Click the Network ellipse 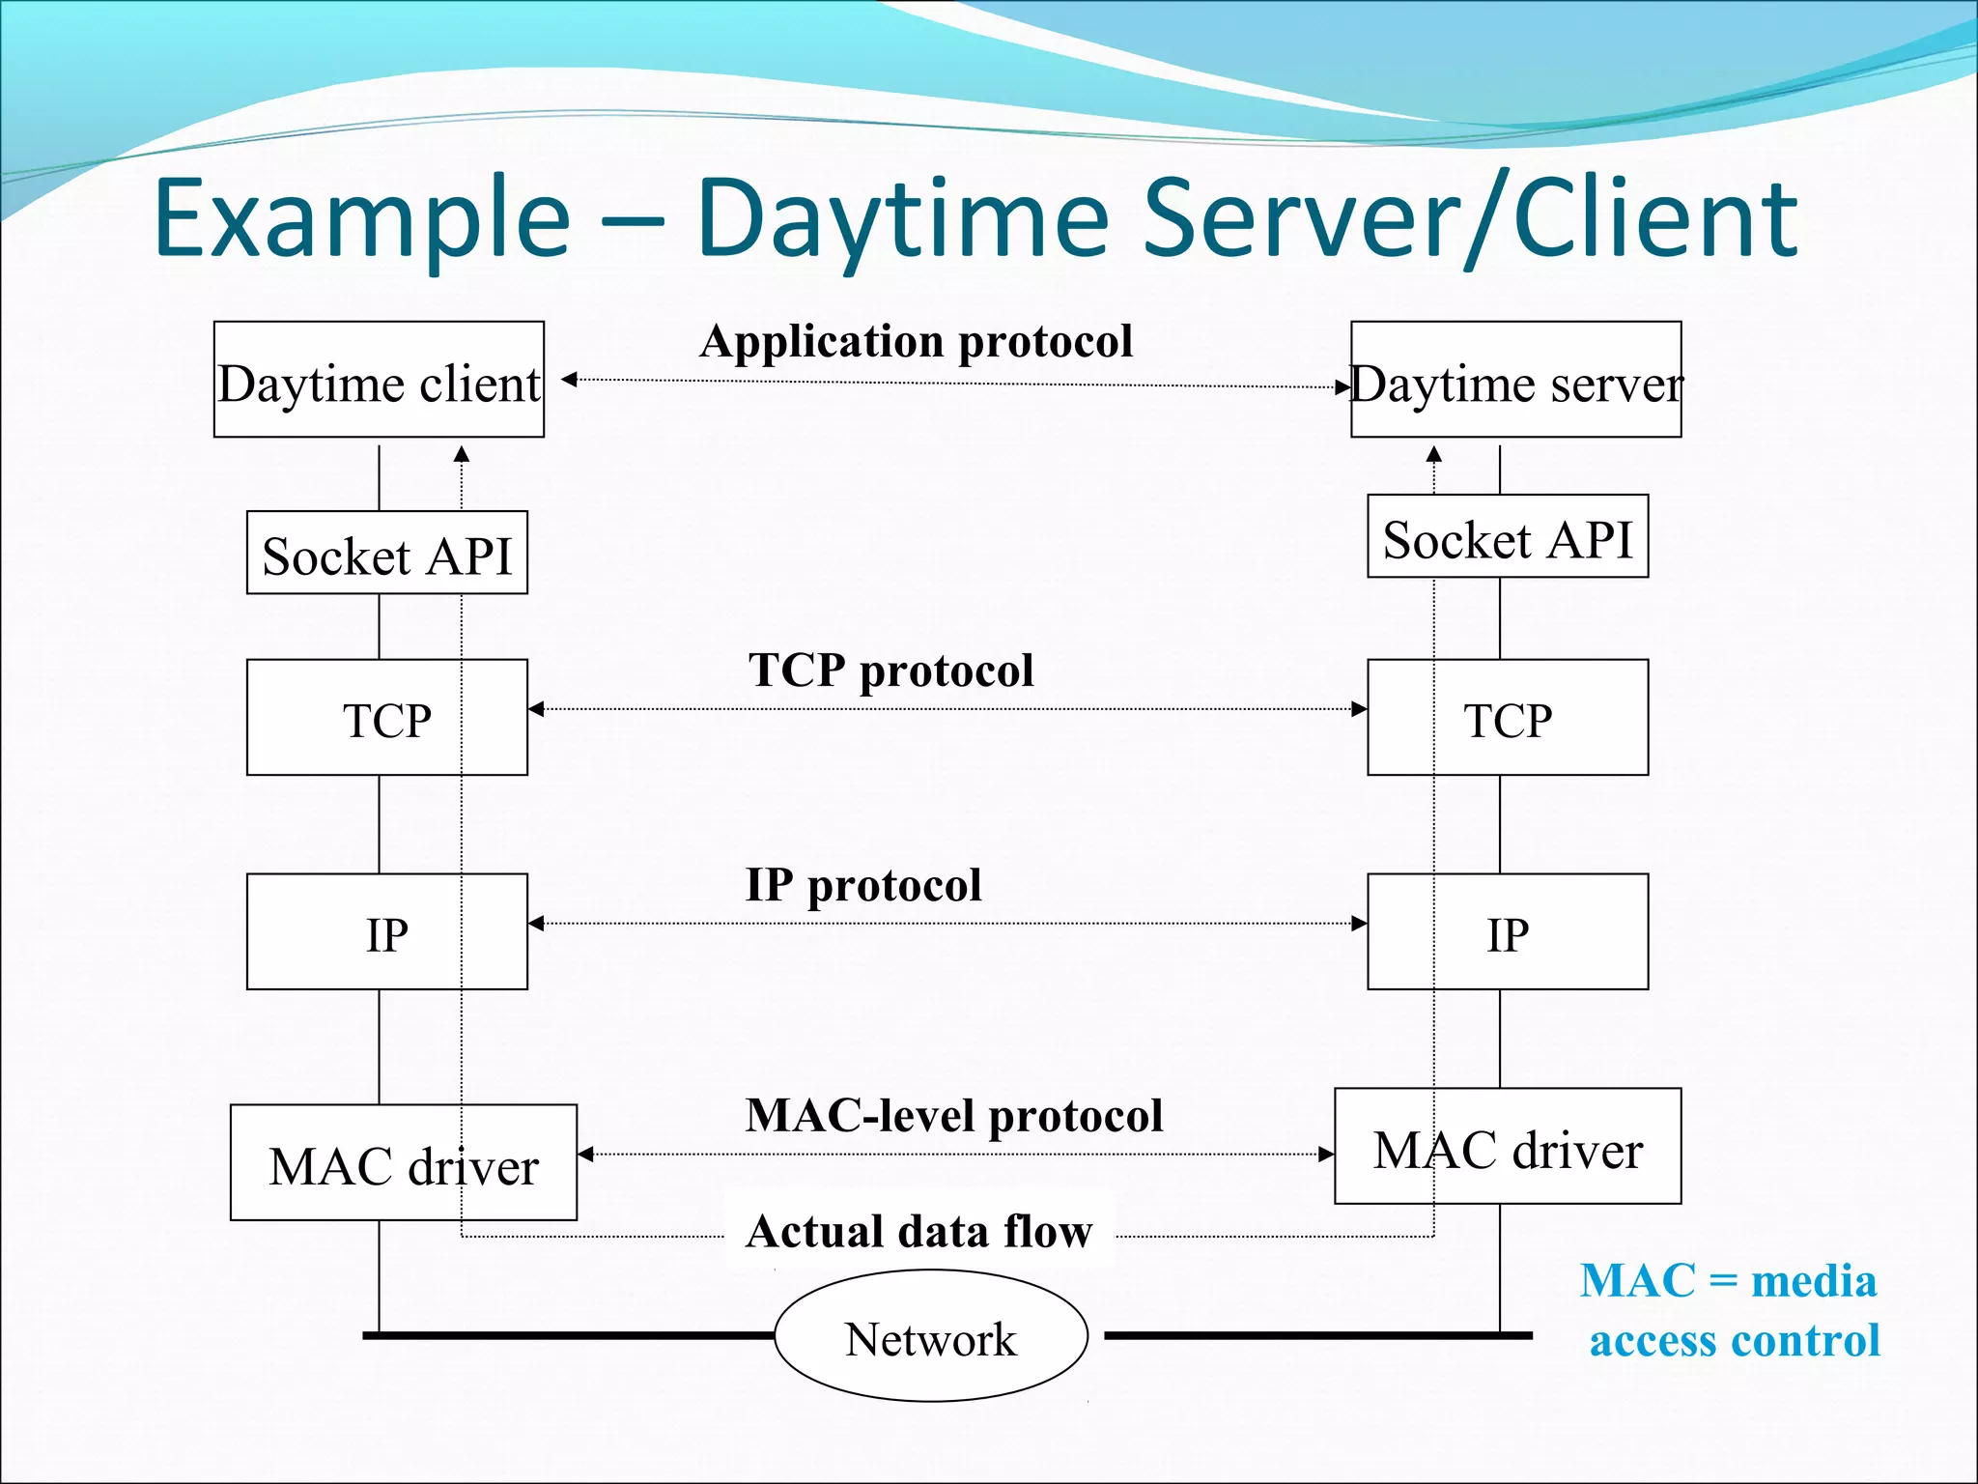tap(931, 1337)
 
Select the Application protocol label tap(916, 341)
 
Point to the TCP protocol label tap(890, 671)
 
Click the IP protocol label tap(863, 885)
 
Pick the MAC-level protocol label tap(953, 1116)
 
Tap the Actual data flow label tap(918, 1232)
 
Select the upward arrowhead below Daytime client tap(462, 454)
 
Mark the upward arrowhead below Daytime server tap(1434, 454)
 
